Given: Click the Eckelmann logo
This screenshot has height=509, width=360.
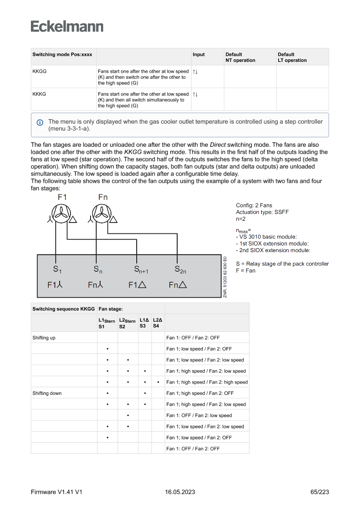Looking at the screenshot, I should coord(67,26).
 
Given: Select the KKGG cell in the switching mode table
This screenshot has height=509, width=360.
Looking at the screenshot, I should coord(40,71).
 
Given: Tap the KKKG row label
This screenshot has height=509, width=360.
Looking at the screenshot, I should coord(40,94).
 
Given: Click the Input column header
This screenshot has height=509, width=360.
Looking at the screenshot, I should coord(199,55).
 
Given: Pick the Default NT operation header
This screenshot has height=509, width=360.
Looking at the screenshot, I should coord(240,57).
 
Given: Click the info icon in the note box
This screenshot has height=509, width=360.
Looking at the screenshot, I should coord(40,122).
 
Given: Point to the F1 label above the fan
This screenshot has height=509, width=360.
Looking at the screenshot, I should coord(62,197).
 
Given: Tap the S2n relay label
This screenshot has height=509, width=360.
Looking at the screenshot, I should coord(180,270).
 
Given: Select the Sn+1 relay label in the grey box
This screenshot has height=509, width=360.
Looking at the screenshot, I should coord(141,270).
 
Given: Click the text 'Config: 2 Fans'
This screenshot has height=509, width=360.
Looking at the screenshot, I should coord(254,206).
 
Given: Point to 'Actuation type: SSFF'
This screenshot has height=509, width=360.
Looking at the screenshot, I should coord(262,212).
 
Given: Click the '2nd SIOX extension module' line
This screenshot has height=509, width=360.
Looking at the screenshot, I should coord(273,250).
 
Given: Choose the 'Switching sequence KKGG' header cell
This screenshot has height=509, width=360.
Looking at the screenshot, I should coord(64,309).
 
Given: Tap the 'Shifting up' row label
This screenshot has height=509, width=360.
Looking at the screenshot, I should coord(44,337).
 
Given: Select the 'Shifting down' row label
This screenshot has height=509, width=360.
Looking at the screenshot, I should coord(47,393).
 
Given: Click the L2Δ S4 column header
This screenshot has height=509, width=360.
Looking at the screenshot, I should coord(158,323).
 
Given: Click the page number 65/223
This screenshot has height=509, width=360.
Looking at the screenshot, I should coord(320,492).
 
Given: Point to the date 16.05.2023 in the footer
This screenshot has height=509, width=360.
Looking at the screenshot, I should coord(180,492).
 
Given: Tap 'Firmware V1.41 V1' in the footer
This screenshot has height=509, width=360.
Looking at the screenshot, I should coord(57,492).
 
